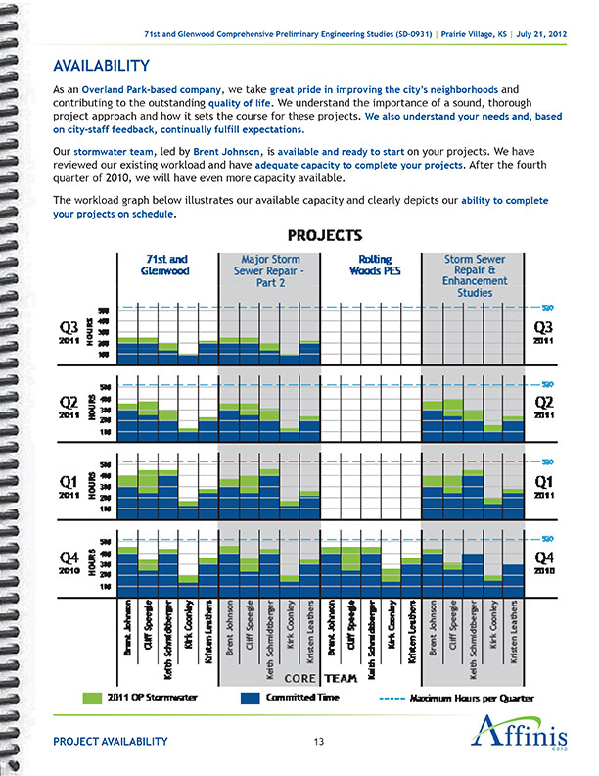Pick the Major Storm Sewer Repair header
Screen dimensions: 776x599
[x=269, y=271]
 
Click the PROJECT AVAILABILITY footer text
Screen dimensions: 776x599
[x=111, y=742]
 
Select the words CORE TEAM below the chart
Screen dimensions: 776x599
[x=319, y=678]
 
